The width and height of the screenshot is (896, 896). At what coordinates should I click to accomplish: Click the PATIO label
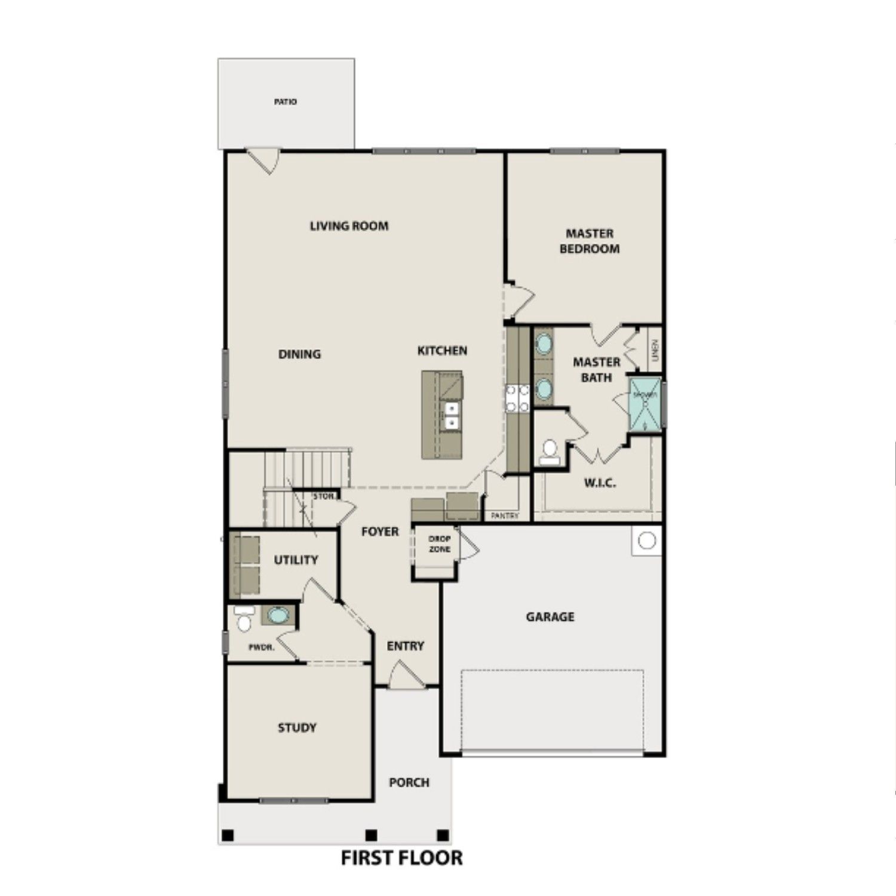[x=285, y=102]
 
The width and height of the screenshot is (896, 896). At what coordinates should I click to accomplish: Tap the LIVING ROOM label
[x=349, y=226]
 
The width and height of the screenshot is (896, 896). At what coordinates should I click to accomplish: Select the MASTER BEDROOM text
[x=589, y=241]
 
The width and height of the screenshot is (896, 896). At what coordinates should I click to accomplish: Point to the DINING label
[x=299, y=354]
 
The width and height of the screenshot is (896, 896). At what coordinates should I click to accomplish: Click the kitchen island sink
[x=452, y=415]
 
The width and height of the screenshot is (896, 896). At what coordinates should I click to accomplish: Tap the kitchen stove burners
[x=517, y=398]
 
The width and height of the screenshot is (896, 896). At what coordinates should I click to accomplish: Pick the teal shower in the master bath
[x=645, y=404]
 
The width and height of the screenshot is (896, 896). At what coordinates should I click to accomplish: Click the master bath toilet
[x=549, y=452]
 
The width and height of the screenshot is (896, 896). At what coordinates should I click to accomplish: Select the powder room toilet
[x=244, y=620]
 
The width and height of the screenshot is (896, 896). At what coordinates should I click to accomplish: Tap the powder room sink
[x=277, y=615]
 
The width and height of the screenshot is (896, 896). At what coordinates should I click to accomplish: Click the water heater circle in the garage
[x=646, y=541]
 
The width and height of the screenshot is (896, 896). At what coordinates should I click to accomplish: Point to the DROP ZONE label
[x=440, y=544]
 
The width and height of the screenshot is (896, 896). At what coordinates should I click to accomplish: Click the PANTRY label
[x=505, y=515]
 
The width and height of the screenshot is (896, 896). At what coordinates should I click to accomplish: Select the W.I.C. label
[x=600, y=483]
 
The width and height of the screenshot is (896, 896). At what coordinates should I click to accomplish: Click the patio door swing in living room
[x=263, y=161]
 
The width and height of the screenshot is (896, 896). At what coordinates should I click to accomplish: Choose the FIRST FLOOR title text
[x=401, y=858]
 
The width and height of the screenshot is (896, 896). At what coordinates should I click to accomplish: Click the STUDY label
[x=297, y=728]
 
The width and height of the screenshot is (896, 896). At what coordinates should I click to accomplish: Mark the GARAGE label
[x=550, y=616]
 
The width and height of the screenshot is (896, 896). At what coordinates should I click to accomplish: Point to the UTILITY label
[x=296, y=560]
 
